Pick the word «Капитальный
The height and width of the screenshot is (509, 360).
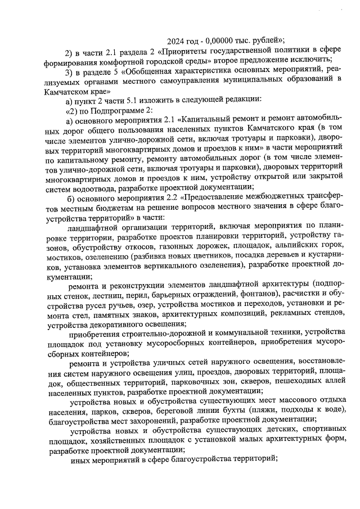click(x=207, y=120)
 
